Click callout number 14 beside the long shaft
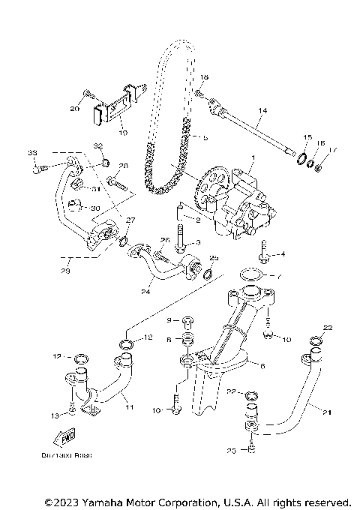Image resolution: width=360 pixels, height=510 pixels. [x=261, y=111]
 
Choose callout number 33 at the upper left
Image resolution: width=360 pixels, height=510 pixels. [x=32, y=154]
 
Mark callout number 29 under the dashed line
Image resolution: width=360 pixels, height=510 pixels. [x=66, y=270]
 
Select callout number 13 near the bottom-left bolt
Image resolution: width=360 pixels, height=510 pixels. [x=53, y=415]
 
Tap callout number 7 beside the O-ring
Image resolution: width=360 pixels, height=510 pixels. [x=279, y=276]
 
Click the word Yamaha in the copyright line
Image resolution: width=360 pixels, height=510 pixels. [x=103, y=501]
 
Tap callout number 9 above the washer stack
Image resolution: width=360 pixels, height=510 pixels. [x=169, y=320]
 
